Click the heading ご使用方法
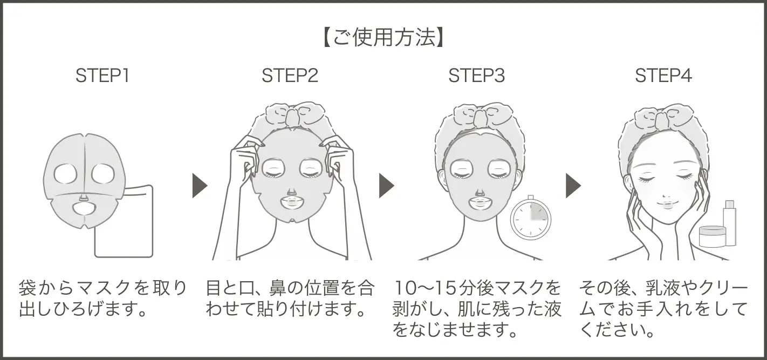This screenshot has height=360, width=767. [383, 37]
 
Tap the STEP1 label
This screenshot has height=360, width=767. [102, 76]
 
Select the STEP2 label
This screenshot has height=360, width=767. [290, 76]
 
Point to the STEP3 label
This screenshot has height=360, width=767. [477, 76]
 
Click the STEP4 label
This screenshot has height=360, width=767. [663, 76]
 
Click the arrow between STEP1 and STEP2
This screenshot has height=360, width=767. [200, 186]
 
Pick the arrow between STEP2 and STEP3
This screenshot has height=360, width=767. [386, 186]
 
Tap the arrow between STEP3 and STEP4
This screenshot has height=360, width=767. [573, 186]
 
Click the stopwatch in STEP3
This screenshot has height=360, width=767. [530, 218]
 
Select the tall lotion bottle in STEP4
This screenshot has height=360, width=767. [729, 223]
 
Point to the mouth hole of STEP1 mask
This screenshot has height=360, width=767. [85, 208]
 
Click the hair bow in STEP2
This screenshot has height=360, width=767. [291, 115]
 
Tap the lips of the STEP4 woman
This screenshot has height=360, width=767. [666, 206]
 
